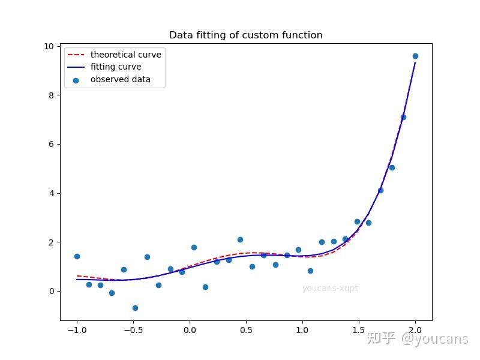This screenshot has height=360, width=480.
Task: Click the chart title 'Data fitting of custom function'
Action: coord(245,35)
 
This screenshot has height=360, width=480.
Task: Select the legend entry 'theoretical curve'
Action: coord(125,55)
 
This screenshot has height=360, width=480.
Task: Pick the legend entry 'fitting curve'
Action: coord(116,67)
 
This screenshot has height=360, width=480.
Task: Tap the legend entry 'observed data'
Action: coord(120,79)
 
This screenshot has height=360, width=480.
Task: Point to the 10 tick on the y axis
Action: coord(49,47)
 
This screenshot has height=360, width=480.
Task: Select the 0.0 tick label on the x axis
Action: coord(190,329)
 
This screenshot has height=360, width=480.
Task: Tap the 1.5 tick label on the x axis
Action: coord(359,329)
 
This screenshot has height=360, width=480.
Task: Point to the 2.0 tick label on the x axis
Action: coord(415,329)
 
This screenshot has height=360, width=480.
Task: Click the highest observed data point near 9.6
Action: coord(415,56)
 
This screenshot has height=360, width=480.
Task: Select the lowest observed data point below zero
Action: coord(135,308)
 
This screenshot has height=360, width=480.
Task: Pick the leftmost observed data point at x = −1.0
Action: coord(77,256)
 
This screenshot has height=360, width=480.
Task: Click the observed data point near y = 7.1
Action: coord(403,117)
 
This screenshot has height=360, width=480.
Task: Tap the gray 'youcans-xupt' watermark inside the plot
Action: coord(330,289)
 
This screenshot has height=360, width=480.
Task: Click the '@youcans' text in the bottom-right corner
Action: coord(434,339)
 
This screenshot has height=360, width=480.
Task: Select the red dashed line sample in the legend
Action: coord(76,55)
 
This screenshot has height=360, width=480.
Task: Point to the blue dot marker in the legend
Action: coord(76,79)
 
